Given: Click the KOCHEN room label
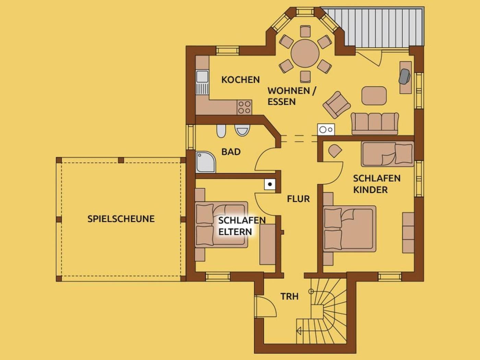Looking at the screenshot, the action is pyautogui.click(x=240, y=80).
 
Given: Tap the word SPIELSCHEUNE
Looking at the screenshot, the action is pyautogui.click(x=121, y=219).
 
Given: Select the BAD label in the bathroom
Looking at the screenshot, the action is pyautogui.click(x=231, y=152).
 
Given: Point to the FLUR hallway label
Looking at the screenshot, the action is pyautogui.click(x=298, y=199).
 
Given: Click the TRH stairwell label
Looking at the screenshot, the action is pyautogui.click(x=289, y=296).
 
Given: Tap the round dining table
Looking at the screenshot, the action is pyautogui.click(x=305, y=53).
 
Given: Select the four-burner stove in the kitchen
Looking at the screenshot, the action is pyautogui.click(x=244, y=107).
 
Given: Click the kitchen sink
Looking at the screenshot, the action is pyautogui.click(x=202, y=82).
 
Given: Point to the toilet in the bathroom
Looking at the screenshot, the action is pyautogui.click(x=221, y=131).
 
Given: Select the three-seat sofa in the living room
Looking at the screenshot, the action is pyautogui.click(x=375, y=123).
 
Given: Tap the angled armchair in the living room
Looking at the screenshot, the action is pyautogui.click(x=337, y=105).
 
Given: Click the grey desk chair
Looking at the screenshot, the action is pyautogui.click(x=405, y=76).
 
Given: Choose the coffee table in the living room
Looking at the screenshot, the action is pyautogui.click(x=374, y=96).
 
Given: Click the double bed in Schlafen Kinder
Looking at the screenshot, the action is pyautogui.click(x=350, y=228).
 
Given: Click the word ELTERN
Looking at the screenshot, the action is pyautogui.click(x=235, y=232).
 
